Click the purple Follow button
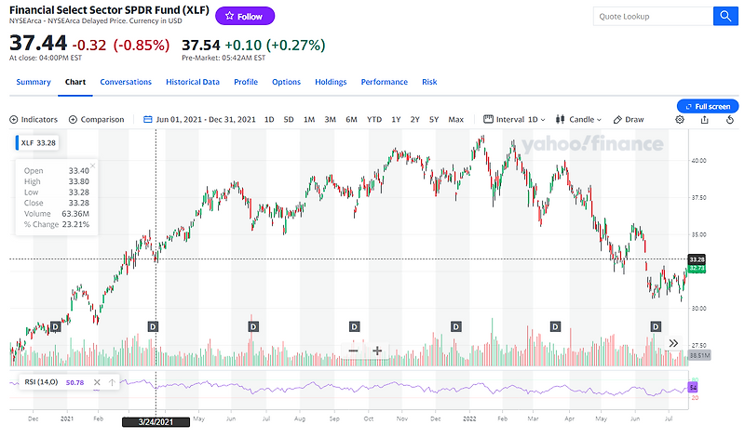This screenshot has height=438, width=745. pyautogui.click(x=245, y=16)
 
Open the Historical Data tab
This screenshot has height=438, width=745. pyautogui.click(x=193, y=82)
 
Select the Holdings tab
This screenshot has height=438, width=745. pyautogui.click(x=331, y=82)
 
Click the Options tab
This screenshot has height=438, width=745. pyautogui.click(x=286, y=82)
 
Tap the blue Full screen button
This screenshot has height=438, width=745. pyautogui.click(x=708, y=106)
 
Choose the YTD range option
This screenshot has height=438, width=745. pyautogui.click(x=374, y=119)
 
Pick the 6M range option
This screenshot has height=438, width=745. pyautogui.click(x=351, y=119)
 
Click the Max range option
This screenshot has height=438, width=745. pyautogui.click(x=455, y=119)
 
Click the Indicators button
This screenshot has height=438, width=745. pyautogui.click(x=34, y=119)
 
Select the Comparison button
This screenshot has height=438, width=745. pyautogui.click(x=97, y=119)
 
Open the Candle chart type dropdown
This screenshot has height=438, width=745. pyautogui.click(x=578, y=119)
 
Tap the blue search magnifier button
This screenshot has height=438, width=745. pyautogui.click(x=725, y=16)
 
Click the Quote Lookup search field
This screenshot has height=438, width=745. pyautogui.click(x=652, y=16)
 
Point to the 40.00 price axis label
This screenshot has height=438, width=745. pyautogui.click(x=698, y=160)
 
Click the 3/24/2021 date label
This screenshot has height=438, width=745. pyautogui.click(x=155, y=421)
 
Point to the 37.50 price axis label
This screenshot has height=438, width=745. pyautogui.click(x=698, y=197)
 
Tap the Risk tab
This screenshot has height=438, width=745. pyautogui.click(x=429, y=82)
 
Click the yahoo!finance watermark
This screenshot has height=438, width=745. pyautogui.click(x=592, y=144)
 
